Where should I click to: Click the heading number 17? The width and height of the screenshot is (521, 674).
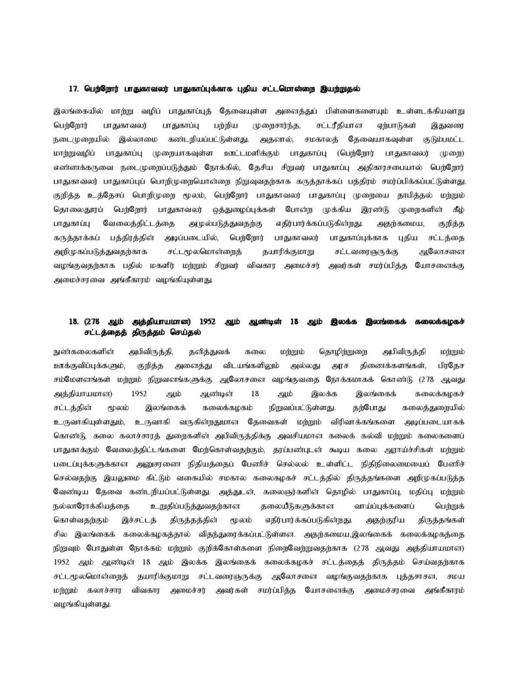[74, 88]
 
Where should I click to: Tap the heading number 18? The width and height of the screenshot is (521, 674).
[74, 322]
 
